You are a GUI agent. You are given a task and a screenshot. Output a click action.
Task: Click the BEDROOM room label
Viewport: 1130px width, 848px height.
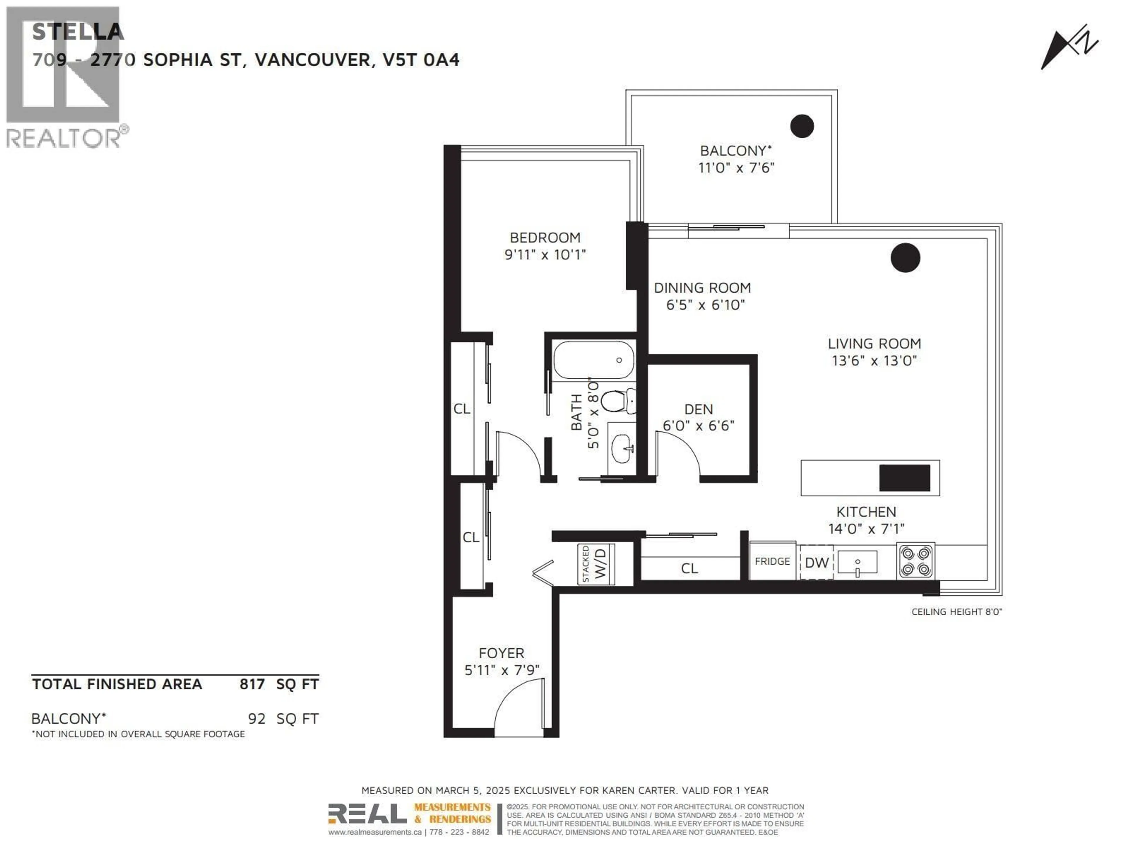(545, 238)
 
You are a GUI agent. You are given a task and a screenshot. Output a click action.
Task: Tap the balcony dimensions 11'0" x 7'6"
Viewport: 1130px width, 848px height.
(736, 168)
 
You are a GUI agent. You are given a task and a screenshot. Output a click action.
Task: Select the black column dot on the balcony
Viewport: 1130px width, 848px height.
(802, 126)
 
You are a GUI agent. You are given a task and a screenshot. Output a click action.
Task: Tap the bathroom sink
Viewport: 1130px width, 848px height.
(621, 448)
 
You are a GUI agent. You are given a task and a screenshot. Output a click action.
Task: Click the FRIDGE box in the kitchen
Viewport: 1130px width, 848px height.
(772, 561)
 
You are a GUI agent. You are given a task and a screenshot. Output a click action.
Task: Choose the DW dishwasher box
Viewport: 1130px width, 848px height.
(816, 562)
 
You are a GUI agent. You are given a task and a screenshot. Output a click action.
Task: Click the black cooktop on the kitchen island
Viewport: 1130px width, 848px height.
(904, 478)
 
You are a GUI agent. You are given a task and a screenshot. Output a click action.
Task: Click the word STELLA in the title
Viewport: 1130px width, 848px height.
(78, 32)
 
